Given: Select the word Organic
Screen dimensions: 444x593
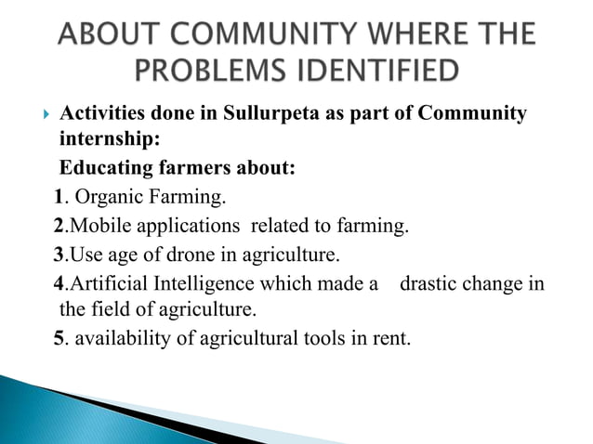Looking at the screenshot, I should tap(107, 197).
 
